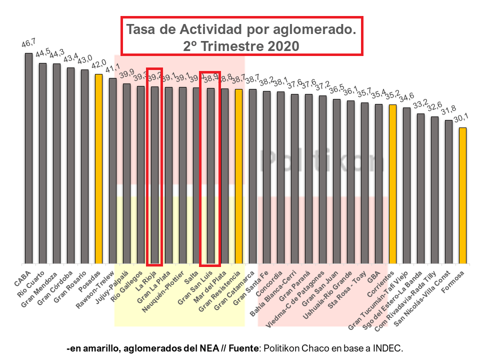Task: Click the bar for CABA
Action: click(28, 158)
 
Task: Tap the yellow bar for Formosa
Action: click(463, 195)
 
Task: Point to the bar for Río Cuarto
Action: click(42, 163)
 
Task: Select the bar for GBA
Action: click(379, 183)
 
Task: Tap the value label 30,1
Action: click(462, 120)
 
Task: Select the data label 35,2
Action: click(392, 96)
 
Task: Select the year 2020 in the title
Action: click(281, 45)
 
